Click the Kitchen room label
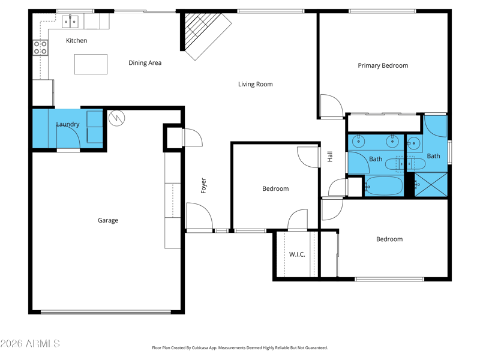pyautogui.click(x=77, y=40)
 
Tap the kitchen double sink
pyautogui.click(x=70, y=22)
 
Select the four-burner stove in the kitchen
pyautogui.click(x=40, y=47)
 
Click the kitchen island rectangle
pyautogui.click(x=91, y=64)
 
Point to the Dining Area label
pyautogui.click(x=145, y=63)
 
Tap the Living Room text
pyautogui.click(x=256, y=84)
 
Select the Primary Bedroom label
pyautogui.click(x=383, y=65)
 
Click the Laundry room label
pyautogui.click(x=68, y=124)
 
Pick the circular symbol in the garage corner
pyautogui.click(x=116, y=118)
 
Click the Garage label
pyautogui.click(x=108, y=220)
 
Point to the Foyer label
pyautogui.click(x=203, y=185)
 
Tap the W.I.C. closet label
pyautogui.click(x=297, y=254)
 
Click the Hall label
pyautogui.click(x=329, y=157)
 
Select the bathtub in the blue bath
pyautogui.click(x=384, y=186)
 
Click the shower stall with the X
pyautogui.click(x=431, y=185)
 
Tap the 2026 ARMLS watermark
pyautogui.click(x=30, y=343)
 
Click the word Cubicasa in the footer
pyautogui.click(x=200, y=348)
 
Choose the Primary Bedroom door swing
pyautogui.click(x=332, y=106)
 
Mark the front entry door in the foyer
pyautogui.click(x=199, y=215)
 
